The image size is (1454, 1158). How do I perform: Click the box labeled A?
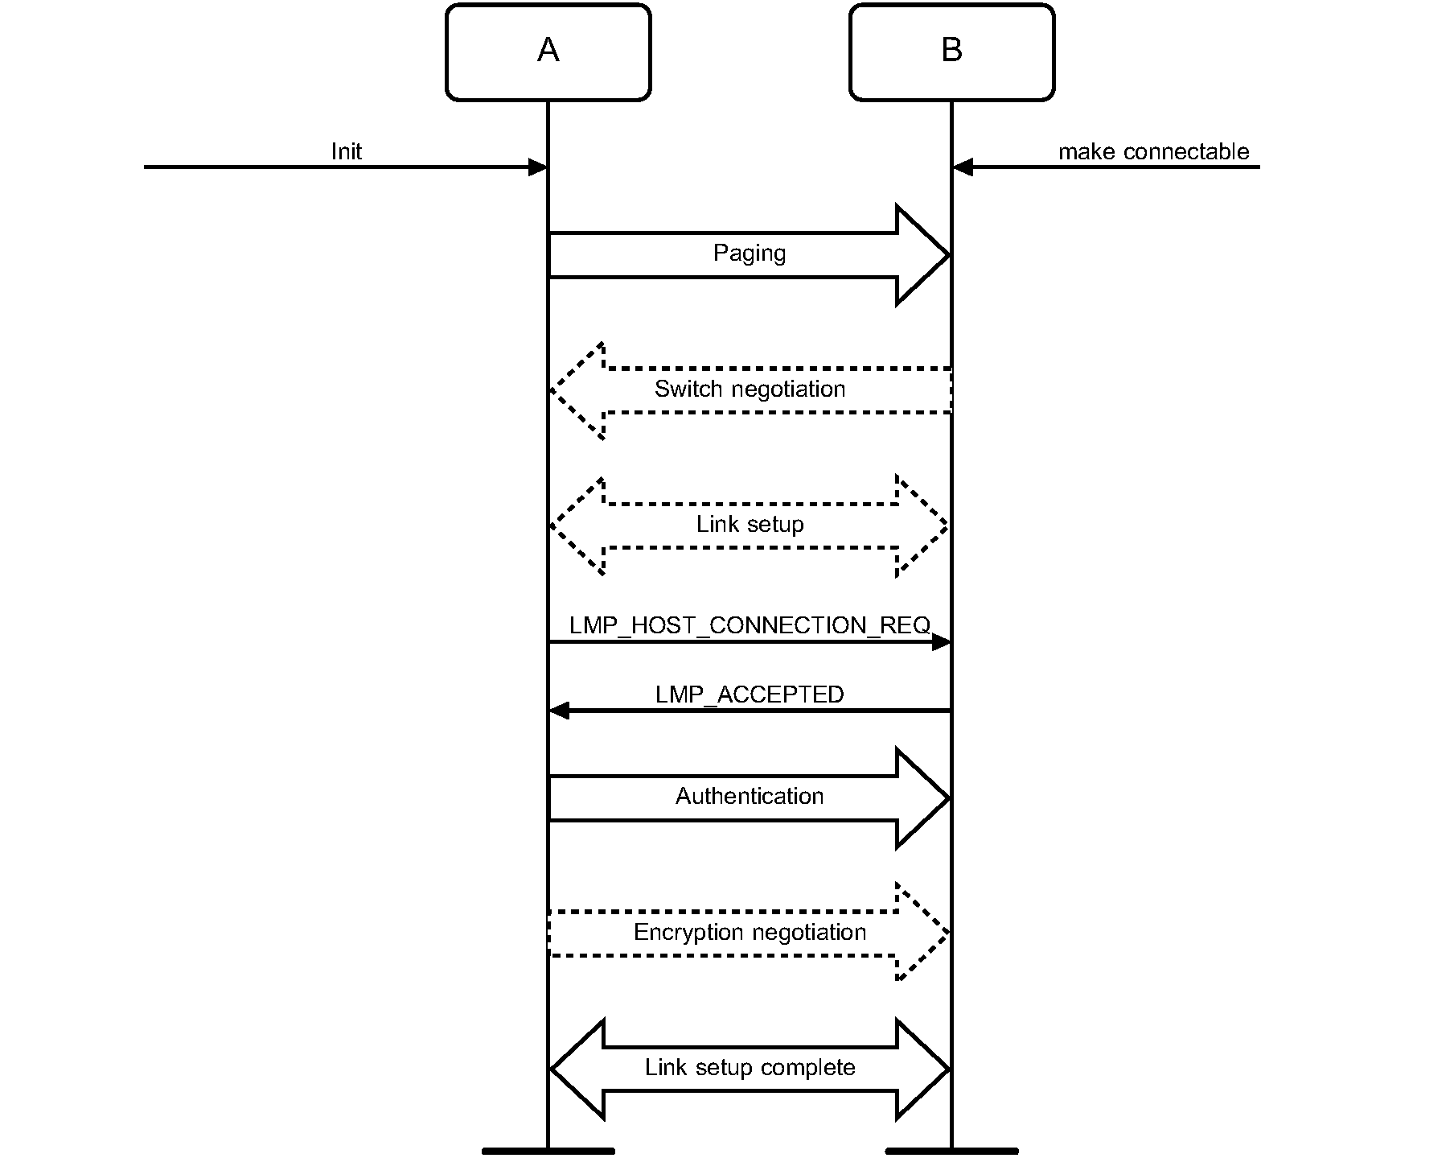click(x=548, y=52)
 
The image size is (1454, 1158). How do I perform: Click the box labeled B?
click(x=951, y=52)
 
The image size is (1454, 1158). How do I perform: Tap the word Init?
click(x=347, y=151)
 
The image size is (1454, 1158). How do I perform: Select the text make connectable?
click(x=1153, y=151)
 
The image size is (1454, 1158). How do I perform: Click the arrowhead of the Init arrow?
click(x=538, y=167)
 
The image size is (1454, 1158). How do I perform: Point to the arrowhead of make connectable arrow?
click(x=963, y=167)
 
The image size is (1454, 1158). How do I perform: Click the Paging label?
click(x=750, y=253)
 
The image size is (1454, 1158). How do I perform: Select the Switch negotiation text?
click(x=750, y=389)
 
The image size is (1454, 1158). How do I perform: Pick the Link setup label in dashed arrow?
click(x=750, y=525)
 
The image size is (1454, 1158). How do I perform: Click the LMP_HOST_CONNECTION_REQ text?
click(x=750, y=625)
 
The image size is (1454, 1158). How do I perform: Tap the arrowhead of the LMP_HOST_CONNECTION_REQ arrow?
click(x=942, y=642)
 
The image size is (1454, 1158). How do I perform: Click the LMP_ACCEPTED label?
click(x=750, y=694)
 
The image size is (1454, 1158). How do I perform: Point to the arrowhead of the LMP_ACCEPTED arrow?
click(x=559, y=711)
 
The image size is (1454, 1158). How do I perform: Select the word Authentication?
click(x=750, y=797)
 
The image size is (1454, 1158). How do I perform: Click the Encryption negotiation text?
click(x=750, y=933)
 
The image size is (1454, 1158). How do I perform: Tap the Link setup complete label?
click(x=750, y=1068)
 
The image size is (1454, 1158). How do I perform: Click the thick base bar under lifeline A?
click(x=548, y=1151)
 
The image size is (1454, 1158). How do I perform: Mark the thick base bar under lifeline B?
click(x=951, y=1151)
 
